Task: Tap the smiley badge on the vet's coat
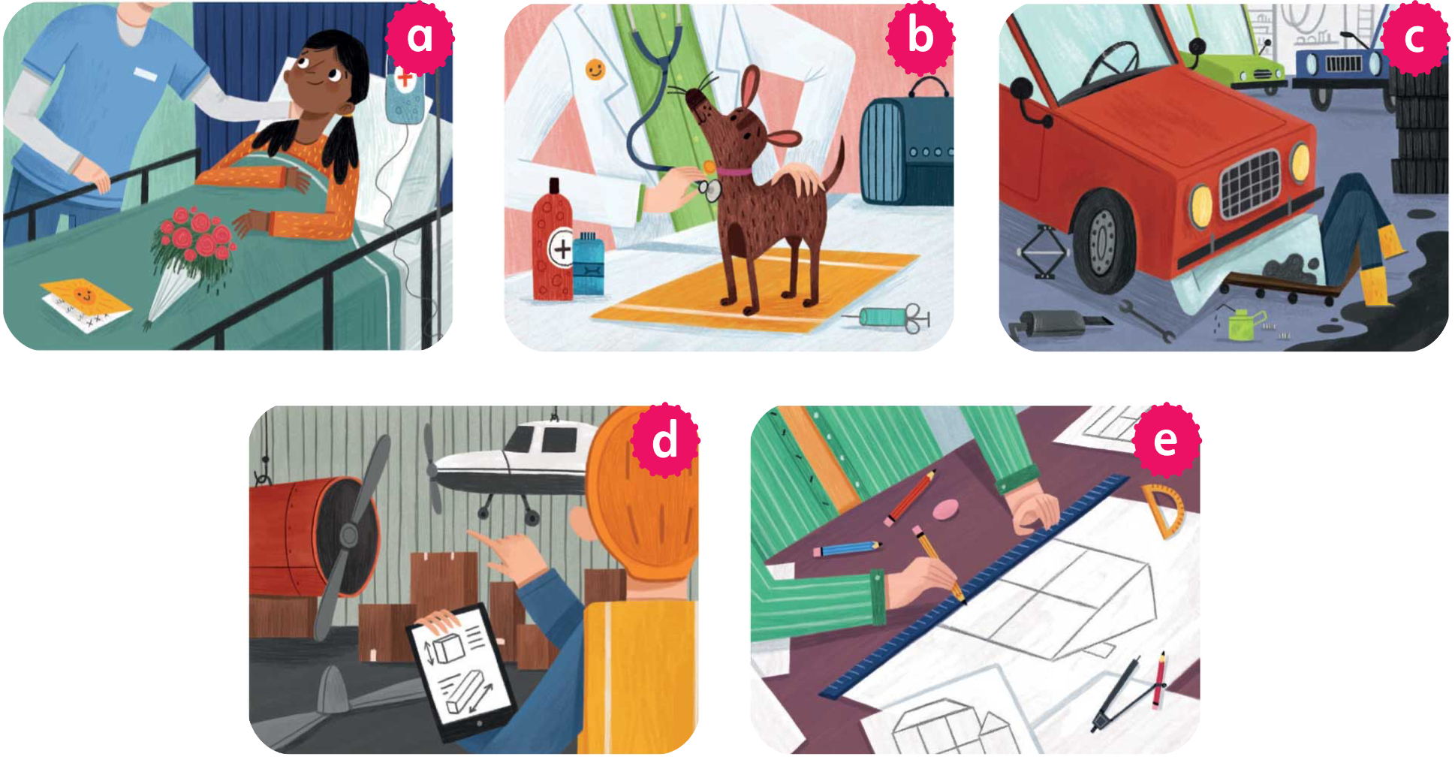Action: click(x=595, y=71)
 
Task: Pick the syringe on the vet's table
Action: click(x=890, y=318)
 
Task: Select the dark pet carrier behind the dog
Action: click(x=906, y=146)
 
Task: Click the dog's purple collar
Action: click(x=734, y=173)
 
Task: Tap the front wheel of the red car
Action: click(x=1103, y=240)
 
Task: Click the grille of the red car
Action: click(x=1249, y=183)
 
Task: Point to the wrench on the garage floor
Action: click(x=1147, y=320)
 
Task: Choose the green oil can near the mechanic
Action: click(x=1246, y=324)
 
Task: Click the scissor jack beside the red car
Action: click(x=1044, y=252)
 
